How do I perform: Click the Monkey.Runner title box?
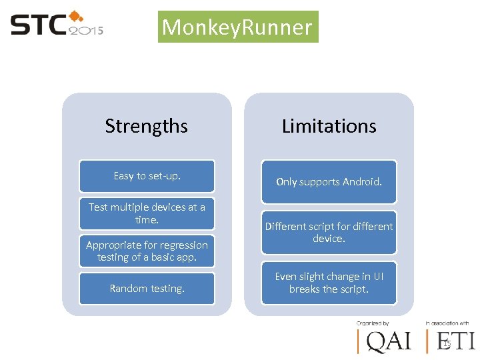point(237,27)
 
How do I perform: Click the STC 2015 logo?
point(57,25)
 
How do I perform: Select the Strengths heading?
point(147,126)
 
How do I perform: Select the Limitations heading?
point(329,126)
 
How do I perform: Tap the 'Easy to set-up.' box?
point(147,176)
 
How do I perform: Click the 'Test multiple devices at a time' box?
point(147,213)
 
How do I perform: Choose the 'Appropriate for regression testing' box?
point(147,251)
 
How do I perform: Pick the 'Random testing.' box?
point(147,289)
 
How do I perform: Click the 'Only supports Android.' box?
point(329,181)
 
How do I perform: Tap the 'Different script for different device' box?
point(329,232)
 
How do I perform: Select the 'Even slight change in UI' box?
point(329,283)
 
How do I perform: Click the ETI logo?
point(453,342)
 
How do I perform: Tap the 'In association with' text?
point(448,323)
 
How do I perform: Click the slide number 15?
point(447,343)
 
